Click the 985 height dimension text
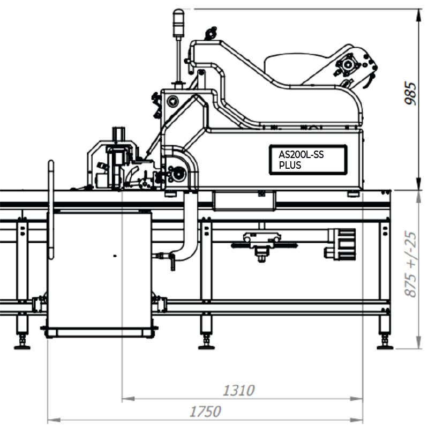(x=410, y=93)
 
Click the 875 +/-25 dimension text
(x=410, y=264)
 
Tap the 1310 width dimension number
(x=238, y=391)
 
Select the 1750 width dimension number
(x=205, y=411)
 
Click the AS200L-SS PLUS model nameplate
(x=308, y=160)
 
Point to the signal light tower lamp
(x=178, y=23)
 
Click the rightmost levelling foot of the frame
(x=385, y=341)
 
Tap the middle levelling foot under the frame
(x=206, y=341)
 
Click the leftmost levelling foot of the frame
(x=22, y=341)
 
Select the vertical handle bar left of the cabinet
(x=51, y=209)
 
